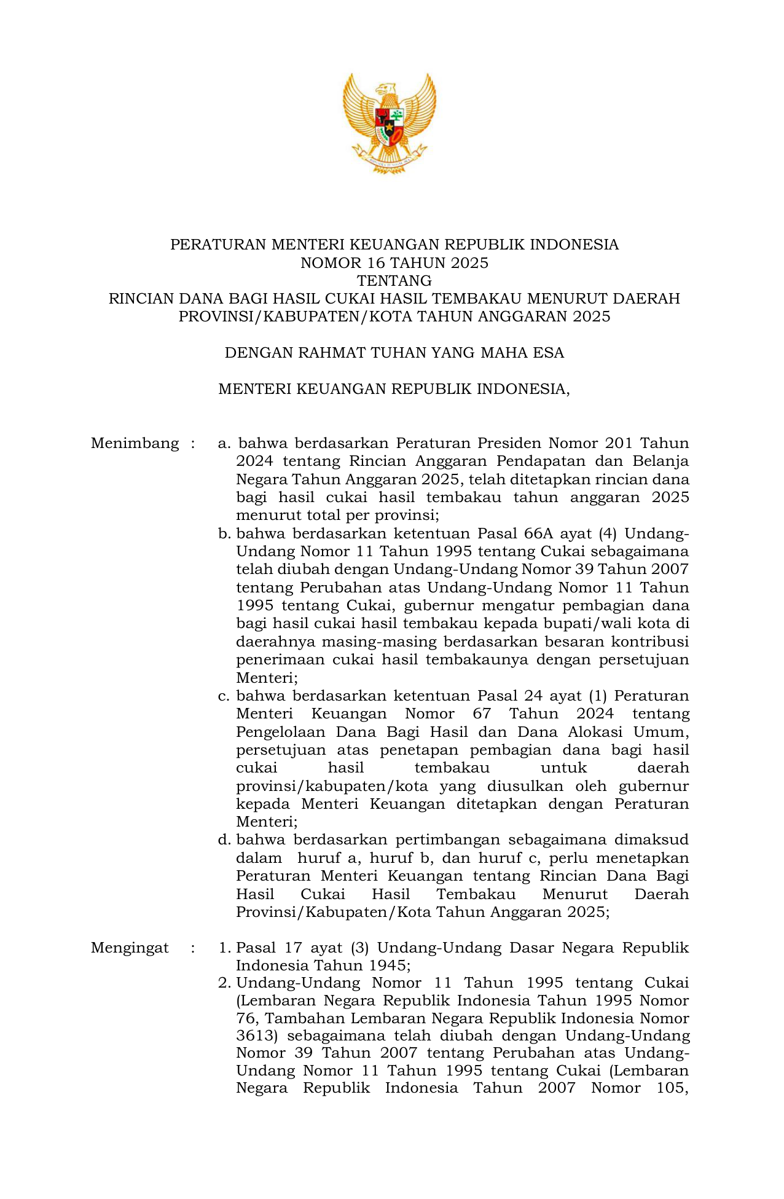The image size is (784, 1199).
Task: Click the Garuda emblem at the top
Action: click(x=390, y=122)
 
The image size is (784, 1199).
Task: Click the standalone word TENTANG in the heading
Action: click(x=394, y=281)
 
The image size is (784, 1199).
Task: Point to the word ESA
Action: click(x=550, y=353)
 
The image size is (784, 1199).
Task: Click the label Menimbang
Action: click(x=135, y=443)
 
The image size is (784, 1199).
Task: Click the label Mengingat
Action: click(x=130, y=948)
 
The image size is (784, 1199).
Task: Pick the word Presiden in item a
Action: click(x=509, y=443)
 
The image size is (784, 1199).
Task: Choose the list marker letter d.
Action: click(x=223, y=840)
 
